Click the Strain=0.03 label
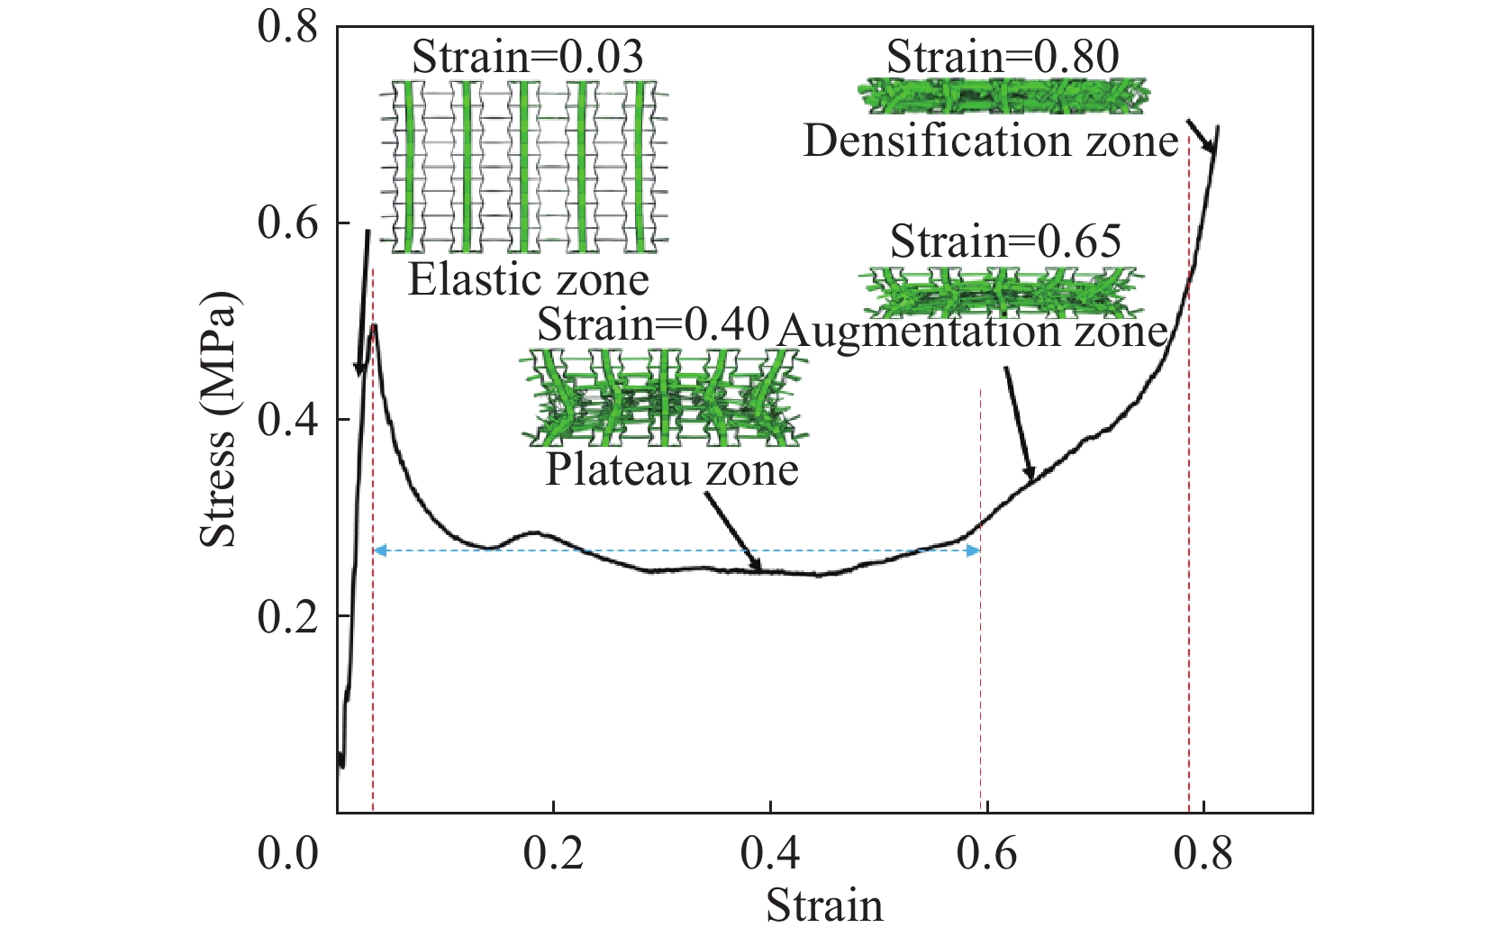click(x=527, y=58)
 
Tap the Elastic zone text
click(x=529, y=279)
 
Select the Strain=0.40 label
click(x=653, y=324)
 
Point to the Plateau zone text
click(x=672, y=469)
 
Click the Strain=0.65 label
click(x=1006, y=241)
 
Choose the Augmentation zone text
click(x=973, y=332)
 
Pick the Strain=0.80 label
click(x=1003, y=58)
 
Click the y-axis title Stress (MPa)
click(x=219, y=419)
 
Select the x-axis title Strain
click(x=824, y=905)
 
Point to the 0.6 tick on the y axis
click(x=288, y=223)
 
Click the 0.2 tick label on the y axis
click(x=288, y=616)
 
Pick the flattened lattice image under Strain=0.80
click(x=1003, y=96)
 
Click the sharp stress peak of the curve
click(x=373, y=326)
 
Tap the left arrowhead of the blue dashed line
click(x=379, y=550)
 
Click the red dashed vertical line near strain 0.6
click(x=981, y=631)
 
